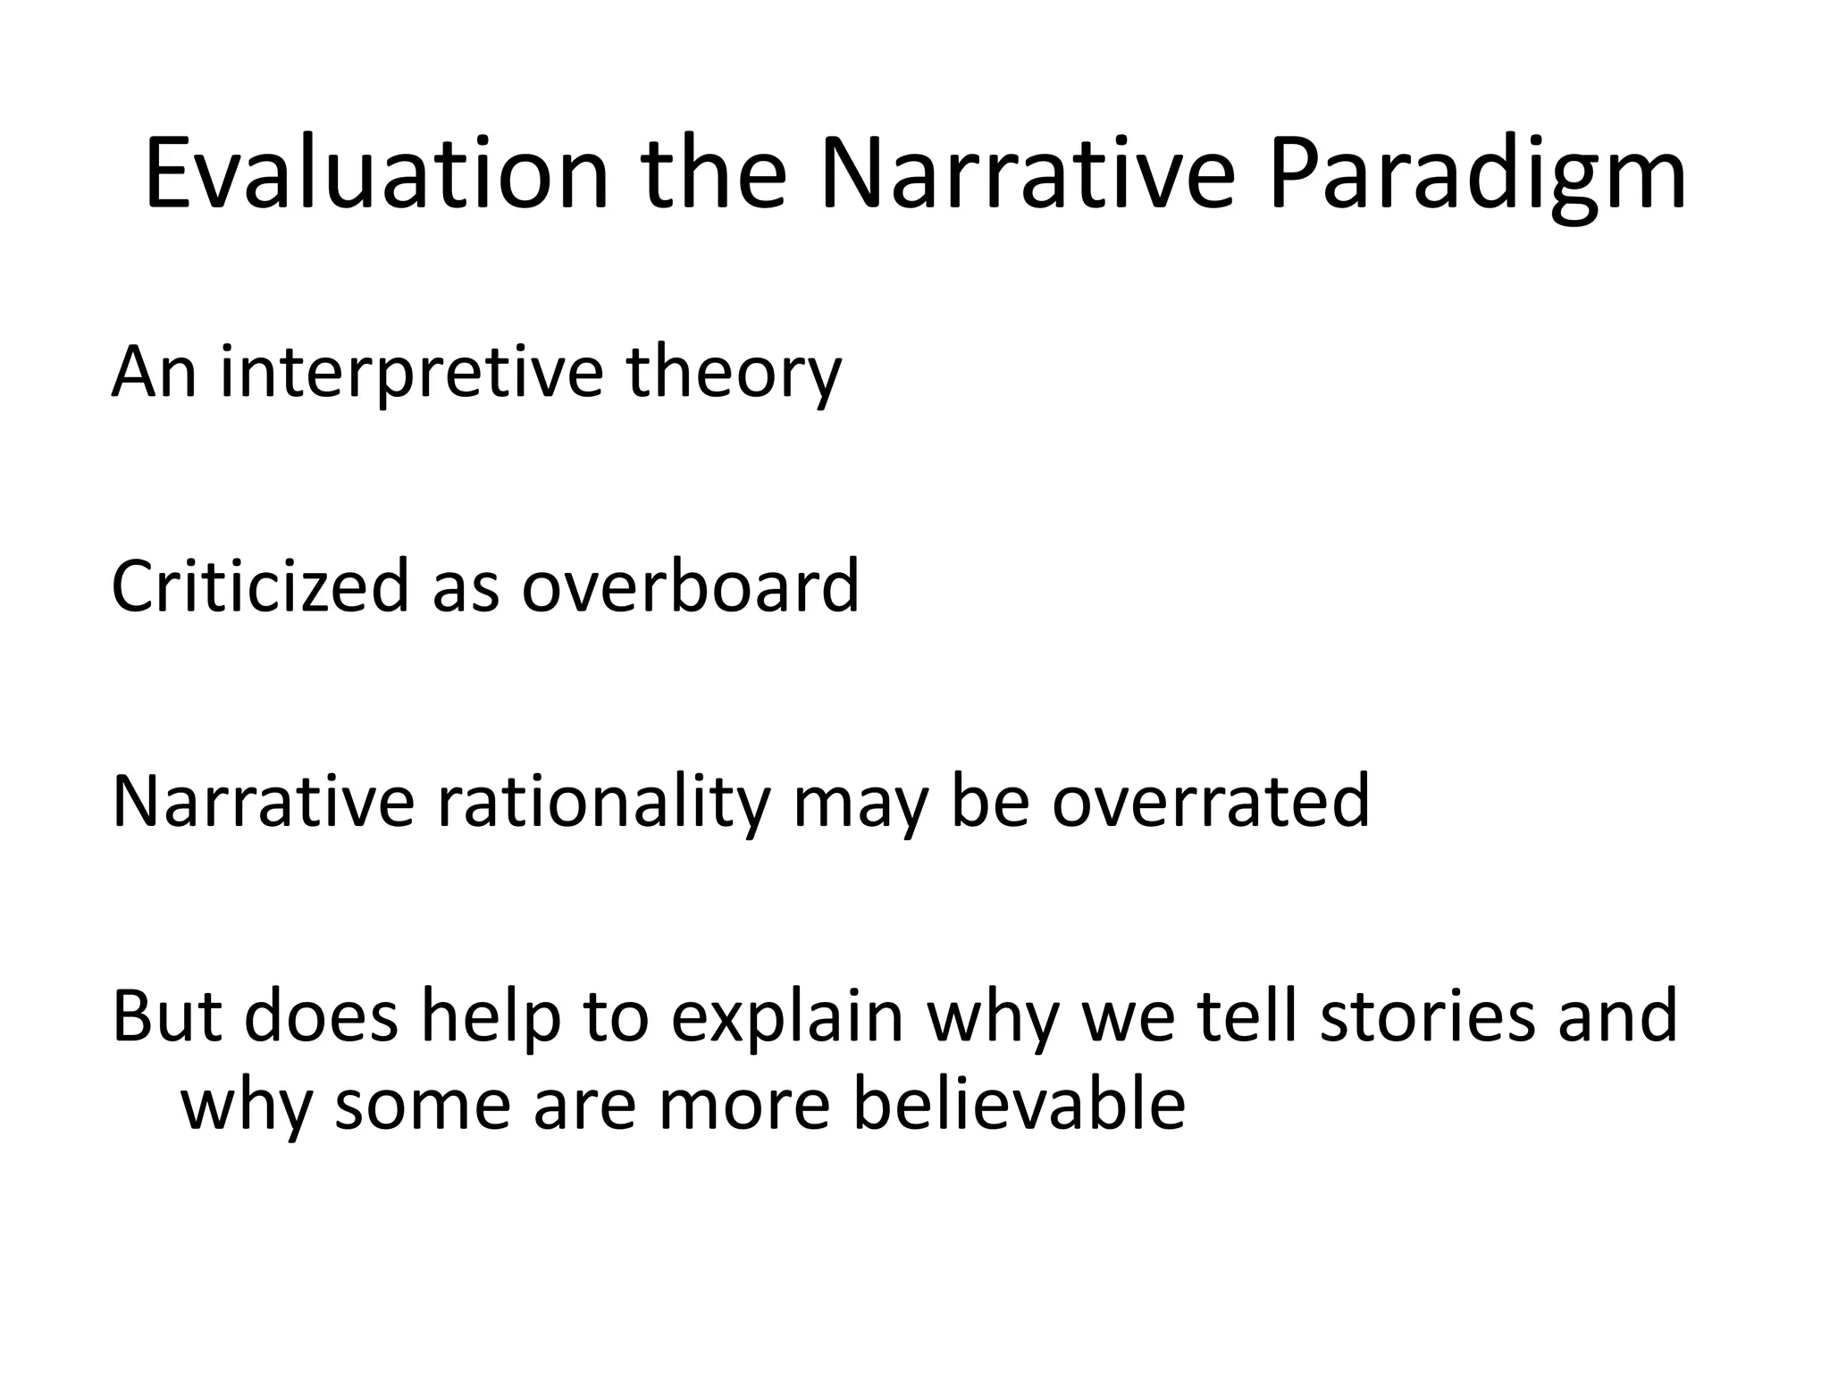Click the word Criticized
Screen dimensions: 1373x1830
pyautogui.click(x=259, y=586)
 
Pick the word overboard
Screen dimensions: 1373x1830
pyautogui.click(x=690, y=586)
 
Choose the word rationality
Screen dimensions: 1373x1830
pyautogui.click(x=603, y=801)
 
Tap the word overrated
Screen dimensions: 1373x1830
pyautogui.click(x=1210, y=801)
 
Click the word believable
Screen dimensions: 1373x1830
pyautogui.click(x=1019, y=1103)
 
